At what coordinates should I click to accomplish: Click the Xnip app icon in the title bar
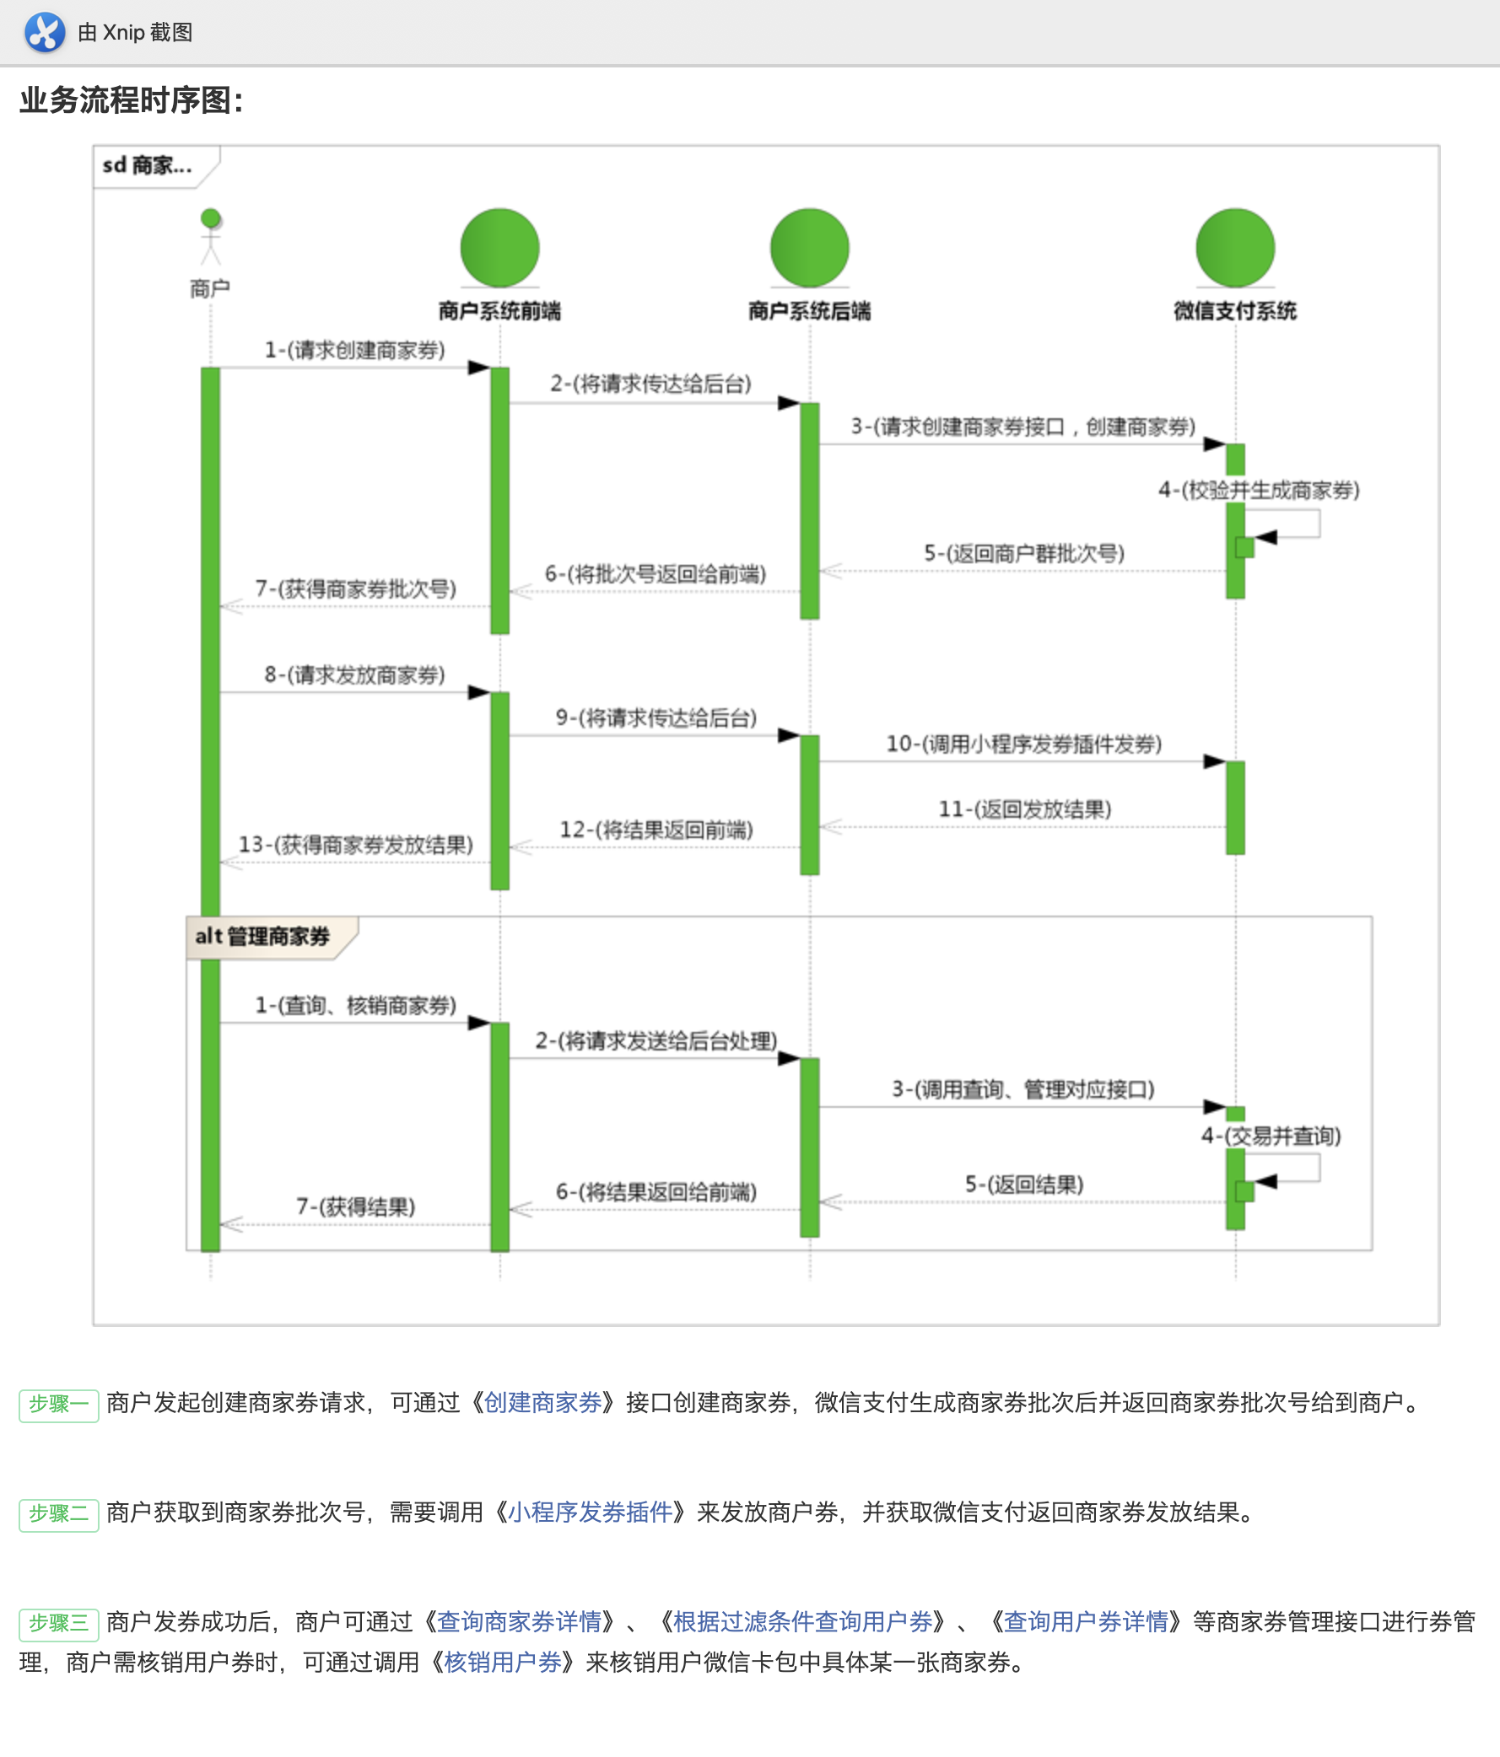coord(44,32)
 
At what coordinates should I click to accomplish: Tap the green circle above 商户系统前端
coord(499,248)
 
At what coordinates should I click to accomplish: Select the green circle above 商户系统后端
coord(809,248)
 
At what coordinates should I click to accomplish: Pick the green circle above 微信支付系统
coord(1235,248)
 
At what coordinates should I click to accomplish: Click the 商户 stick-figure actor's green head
coord(210,218)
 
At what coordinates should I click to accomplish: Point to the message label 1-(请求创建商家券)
coord(354,349)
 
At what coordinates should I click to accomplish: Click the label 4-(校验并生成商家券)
coord(1259,489)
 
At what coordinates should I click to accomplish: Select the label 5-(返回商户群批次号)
coord(1024,553)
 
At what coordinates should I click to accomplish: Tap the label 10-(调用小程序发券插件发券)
coord(1024,744)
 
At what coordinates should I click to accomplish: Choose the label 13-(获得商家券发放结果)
coord(355,844)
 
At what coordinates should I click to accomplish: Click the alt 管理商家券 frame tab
coord(263,936)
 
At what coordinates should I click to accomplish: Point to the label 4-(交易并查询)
coord(1271,1136)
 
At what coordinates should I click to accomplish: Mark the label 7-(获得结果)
coord(355,1206)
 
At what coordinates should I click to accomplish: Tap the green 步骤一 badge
coord(58,1405)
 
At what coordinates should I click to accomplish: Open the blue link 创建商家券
coord(543,1403)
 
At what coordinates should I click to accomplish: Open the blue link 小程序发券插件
coord(591,1512)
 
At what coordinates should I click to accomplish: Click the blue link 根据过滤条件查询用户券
coord(802,1621)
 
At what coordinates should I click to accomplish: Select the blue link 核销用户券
coord(503,1662)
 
